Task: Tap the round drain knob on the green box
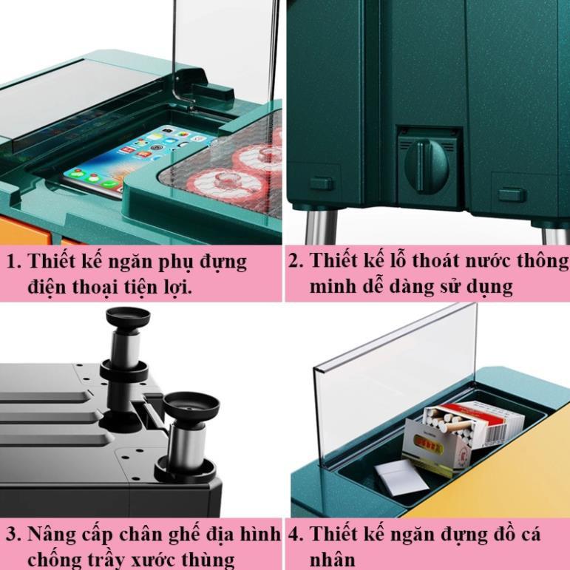(427, 166)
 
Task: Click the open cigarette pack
(461, 435)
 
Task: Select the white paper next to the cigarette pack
(401, 477)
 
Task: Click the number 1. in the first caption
(14, 262)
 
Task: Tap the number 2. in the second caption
(296, 261)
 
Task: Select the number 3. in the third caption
(15, 535)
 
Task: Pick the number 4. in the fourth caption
(296, 535)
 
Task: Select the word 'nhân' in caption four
(332, 560)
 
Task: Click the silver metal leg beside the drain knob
(321, 227)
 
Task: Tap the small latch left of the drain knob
(321, 183)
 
